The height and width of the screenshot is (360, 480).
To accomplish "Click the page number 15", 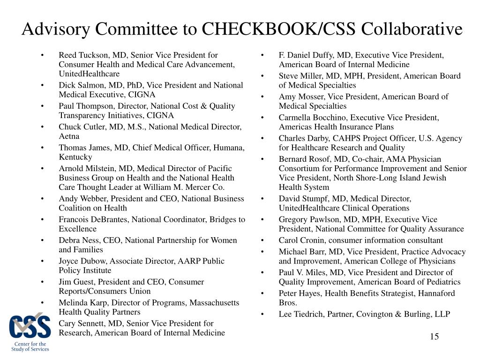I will (x=434, y=337).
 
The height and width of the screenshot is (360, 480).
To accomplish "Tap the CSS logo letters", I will (x=30, y=327).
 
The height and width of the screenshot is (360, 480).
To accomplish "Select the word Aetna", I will (x=69, y=136).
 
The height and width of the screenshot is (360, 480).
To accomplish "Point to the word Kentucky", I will (x=75, y=157).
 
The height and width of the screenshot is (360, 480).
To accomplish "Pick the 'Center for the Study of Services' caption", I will (x=30, y=346).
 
